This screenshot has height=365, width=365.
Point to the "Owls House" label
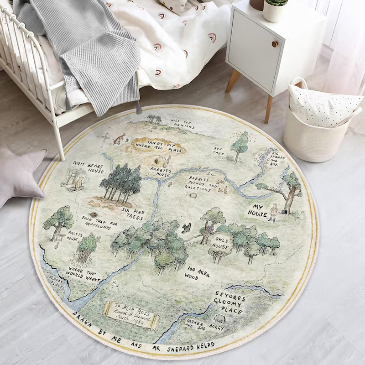click(219, 243)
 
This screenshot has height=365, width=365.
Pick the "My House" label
click(257, 210)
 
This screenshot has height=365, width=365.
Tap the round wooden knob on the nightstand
click(275, 44)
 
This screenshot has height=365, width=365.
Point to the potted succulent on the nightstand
click(275, 9)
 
